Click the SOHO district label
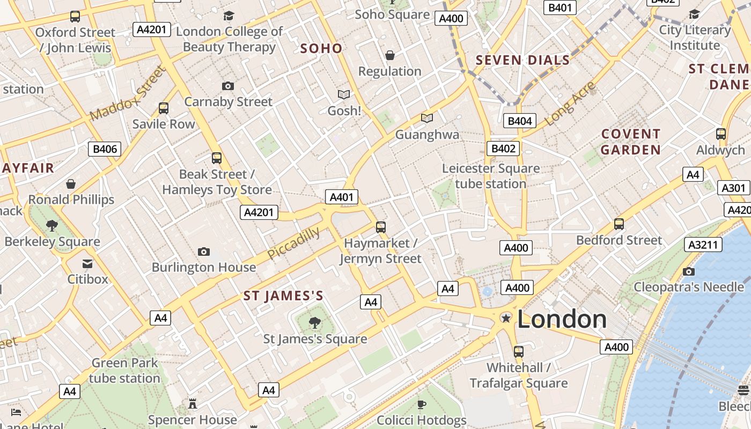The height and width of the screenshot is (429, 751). click(321, 48)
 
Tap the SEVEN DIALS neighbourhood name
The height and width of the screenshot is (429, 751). click(522, 60)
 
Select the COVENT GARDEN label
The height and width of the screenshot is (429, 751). click(630, 142)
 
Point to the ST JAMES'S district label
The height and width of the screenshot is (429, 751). click(283, 296)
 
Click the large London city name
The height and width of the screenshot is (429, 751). click(562, 319)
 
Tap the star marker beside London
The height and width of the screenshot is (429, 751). click(505, 319)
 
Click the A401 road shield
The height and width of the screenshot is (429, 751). click(342, 197)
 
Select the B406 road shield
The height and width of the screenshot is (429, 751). click(105, 149)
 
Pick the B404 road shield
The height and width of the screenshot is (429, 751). click(519, 121)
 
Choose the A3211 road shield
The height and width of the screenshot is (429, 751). click(703, 245)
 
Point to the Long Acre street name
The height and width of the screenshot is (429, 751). click(570, 103)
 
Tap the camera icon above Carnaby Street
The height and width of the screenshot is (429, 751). click(228, 86)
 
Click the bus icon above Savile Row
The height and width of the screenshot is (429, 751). click(164, 108)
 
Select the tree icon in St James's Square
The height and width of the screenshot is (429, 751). click(315, 323)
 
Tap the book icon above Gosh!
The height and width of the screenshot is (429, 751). click(344, 95)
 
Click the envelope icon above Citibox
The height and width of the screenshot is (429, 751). click(87, 263)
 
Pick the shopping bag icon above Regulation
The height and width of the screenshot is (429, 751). click(390, 55)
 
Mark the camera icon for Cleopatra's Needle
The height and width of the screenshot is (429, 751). click(689, 271)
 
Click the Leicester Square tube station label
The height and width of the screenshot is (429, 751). click(490, 176)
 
